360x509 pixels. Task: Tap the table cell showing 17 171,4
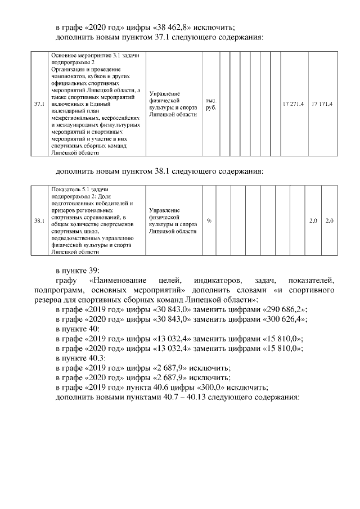(x=322, y=105)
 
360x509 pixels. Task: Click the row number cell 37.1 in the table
(x=39, y=105)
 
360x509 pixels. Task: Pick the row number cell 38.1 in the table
(x=39, y=220)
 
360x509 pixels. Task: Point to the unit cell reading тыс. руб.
(x=210, y=105)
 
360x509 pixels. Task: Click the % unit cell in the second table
(x=209, y=220)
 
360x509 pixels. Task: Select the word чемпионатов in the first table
(x=70, y=76)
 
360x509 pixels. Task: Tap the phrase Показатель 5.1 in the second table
(x=70, y=190)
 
